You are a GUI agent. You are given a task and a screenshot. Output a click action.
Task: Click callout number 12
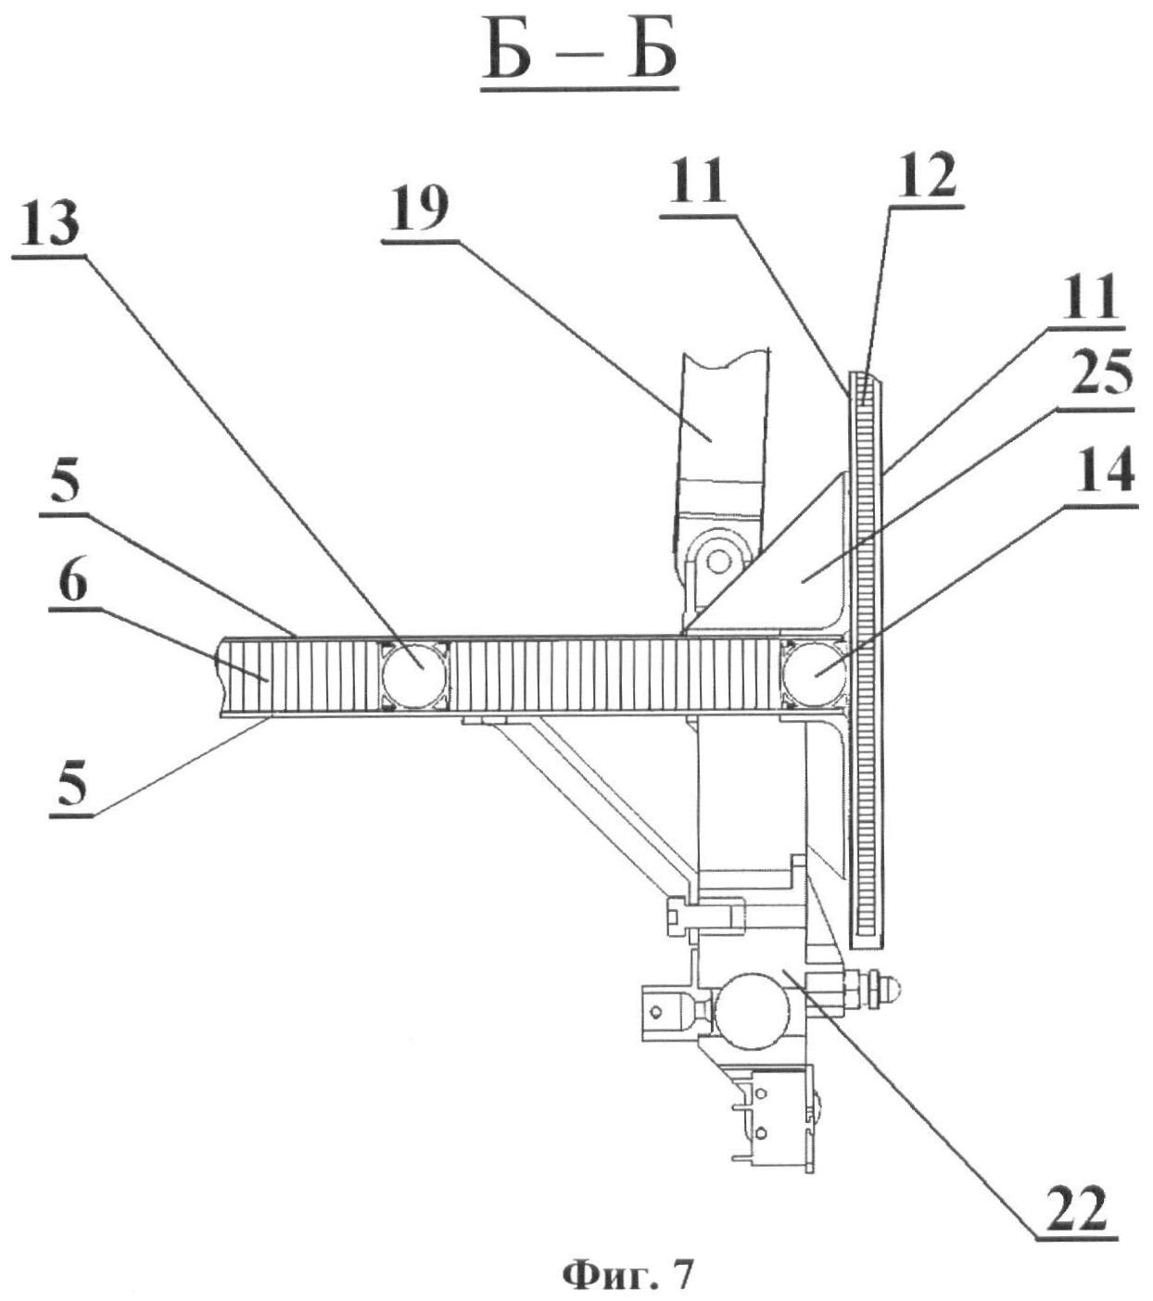coord(926,174)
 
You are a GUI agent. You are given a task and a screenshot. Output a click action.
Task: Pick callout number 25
coord(1099,375)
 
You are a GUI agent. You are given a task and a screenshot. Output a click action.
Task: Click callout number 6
coord(72,582)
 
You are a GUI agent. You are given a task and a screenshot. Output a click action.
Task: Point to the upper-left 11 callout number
coord(697,181)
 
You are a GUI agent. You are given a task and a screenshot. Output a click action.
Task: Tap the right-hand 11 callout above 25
coord(1088,297)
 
